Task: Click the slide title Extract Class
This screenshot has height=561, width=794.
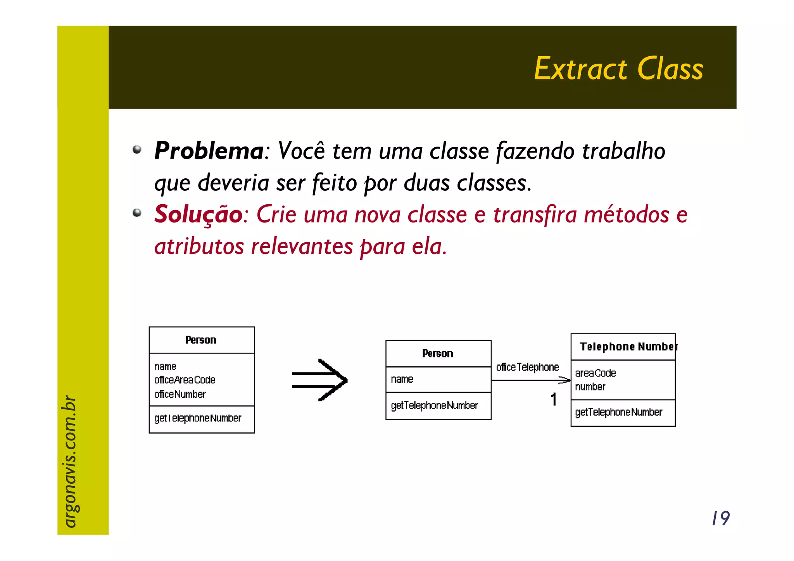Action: click(618, 69)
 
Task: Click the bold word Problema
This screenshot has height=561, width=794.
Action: click(209, 150)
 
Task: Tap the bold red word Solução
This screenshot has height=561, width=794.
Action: click(198, 214)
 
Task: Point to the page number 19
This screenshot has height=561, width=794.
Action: click(720, 518)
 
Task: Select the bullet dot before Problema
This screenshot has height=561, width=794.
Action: click(137, 150)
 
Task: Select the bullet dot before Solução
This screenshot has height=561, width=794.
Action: click(137, 213)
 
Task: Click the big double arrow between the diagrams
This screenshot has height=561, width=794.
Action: click(320, 380)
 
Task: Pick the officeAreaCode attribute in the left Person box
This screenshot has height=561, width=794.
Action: click(185, 380)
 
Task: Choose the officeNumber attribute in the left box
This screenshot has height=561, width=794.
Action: click(180, 394)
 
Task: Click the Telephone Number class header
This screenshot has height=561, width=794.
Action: click(628, 347)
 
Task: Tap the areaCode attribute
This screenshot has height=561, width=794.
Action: click(595, 373)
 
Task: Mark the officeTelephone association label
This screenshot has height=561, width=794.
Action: click(528, 367)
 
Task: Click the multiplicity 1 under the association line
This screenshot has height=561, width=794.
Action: click(554, 399)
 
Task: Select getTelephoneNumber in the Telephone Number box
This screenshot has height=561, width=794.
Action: click(619, 412)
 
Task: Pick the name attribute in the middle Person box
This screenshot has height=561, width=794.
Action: click(402, 379)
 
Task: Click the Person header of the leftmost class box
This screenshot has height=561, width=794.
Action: click(201, 340)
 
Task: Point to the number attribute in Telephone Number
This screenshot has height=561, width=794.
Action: click(590, 387)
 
